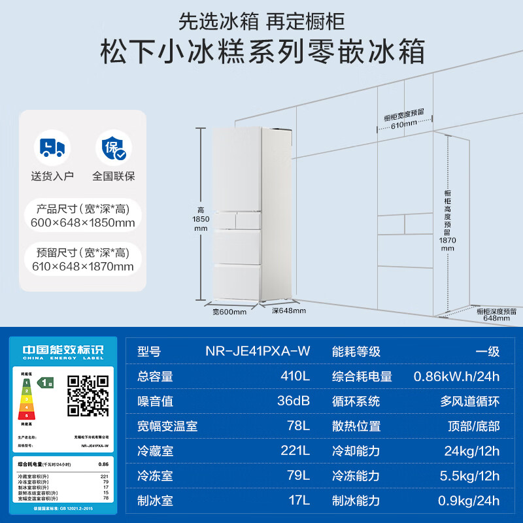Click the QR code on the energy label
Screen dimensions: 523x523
[x=88, y=396]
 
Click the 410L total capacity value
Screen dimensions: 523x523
[x=294, y=376]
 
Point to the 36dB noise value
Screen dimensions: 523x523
[x=293, y=401]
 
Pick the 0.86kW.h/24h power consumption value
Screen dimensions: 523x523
[x=456, y=376]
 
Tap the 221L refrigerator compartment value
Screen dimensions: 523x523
[x=294, y=450]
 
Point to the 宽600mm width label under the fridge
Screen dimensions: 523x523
[x=229, y=312]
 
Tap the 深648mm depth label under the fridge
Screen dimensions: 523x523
[x=289, y=311]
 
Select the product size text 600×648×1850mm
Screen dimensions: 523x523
[x=82, y=223]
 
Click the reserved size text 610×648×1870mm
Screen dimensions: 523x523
[x=82, y=266]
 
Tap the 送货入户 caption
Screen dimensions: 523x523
[x=52, y=176]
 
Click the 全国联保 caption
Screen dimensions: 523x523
[x=113, y=176]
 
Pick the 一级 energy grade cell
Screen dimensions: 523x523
[x=487, y=351]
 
